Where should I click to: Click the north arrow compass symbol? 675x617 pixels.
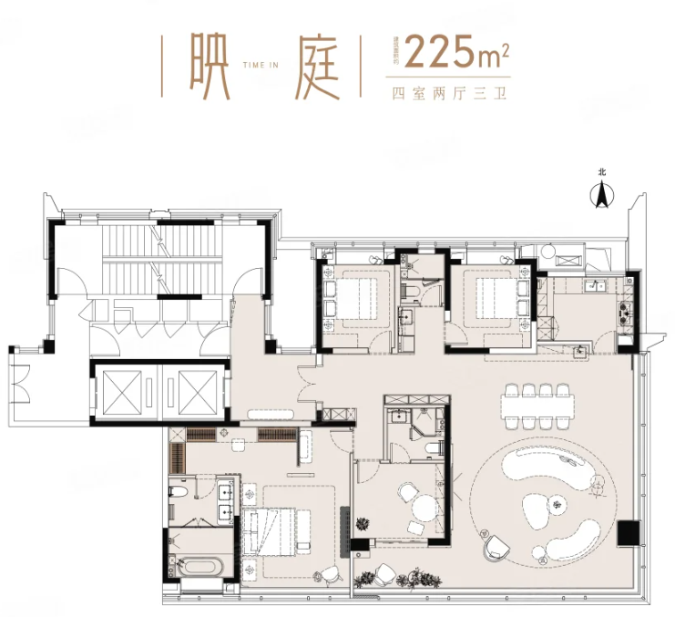tap(601, 193)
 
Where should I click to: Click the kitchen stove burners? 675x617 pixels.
tap(624, 315)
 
